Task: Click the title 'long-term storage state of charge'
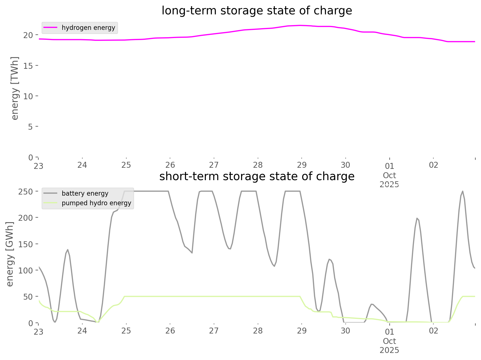point(257,11)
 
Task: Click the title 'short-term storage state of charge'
point(257,176)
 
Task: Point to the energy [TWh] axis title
point(15,88)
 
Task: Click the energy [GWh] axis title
point(10,254)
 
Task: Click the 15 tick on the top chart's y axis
point(30,65)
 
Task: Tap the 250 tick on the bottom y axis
point(26,191)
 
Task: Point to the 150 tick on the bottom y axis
point(26,244)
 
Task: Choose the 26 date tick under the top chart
point(170,165)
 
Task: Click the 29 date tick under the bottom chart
point(302,331)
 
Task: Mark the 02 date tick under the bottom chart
point(433,331)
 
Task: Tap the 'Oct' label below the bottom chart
point(389,341)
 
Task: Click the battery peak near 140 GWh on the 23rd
point(68,249)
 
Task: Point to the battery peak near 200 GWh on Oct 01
point(417,218)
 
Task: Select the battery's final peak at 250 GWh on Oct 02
point(463,191)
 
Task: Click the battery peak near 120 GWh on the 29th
point(329,259)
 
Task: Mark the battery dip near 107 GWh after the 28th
point(274,266)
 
